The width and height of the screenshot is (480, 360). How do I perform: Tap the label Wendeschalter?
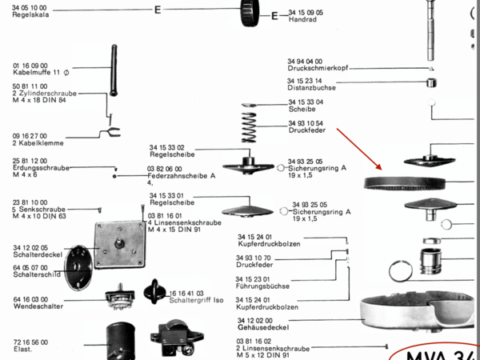pos(34,307)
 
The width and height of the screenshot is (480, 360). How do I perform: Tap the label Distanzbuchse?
pos(310,88)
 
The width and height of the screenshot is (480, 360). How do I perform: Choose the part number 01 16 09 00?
pos(30,65)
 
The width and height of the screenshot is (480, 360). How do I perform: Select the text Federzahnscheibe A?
pos(182,176)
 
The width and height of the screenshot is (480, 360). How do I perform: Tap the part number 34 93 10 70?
pos(255,258)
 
